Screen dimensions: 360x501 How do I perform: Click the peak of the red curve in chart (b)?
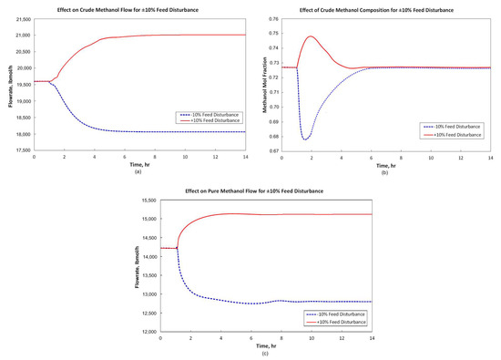coord(312,36)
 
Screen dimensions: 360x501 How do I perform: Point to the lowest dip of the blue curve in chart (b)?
coord(305,139)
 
